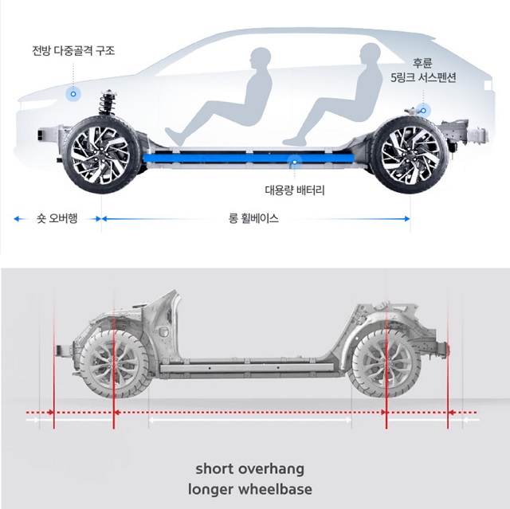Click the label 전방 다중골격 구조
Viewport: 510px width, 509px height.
[x=73, y=50]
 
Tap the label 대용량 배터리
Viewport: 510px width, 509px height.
[x=295, y=190]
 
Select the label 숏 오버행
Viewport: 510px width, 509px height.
[x=57, y=217]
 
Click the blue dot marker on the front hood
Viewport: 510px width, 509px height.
[x=73, y=94]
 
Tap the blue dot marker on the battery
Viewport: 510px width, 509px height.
[x=295, y=161]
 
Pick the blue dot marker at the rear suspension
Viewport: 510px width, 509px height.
[x=422, y=110]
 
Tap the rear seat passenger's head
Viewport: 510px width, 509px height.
[x=367, y=54]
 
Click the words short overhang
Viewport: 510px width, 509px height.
[x=249, y=468]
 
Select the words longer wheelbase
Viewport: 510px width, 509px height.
[x=249, y=488]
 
